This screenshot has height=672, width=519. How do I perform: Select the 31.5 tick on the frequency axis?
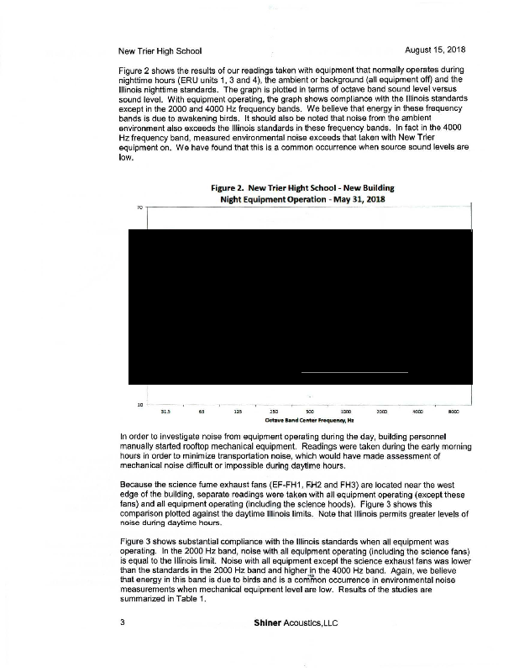click(165, 412)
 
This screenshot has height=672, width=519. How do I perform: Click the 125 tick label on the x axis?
click(238, 412)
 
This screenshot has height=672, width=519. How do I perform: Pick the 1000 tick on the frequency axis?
click(345, 412)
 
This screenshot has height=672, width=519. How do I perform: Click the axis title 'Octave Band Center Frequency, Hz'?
click(309, 419)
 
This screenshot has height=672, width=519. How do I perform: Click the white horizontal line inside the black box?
click(354, 371)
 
